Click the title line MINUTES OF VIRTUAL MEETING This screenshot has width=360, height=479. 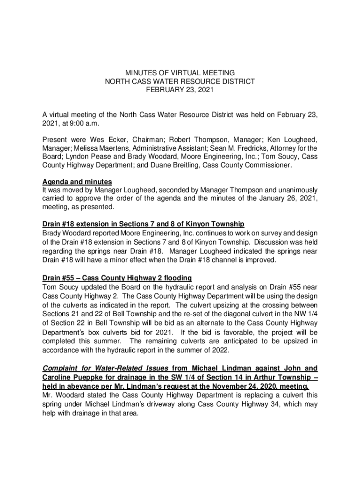[x=180, y=73]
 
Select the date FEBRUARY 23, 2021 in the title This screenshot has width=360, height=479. [x=180, y=90]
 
